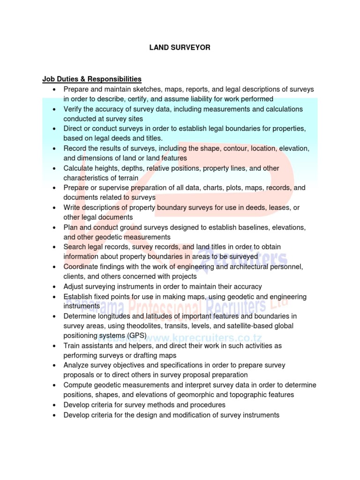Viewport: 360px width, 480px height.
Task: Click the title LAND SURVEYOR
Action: point(180,47)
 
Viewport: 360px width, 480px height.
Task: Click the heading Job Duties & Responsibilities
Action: point(92,79)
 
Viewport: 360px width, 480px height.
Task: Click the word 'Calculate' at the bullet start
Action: point(79,168)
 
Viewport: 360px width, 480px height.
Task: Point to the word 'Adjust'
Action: point(74,286)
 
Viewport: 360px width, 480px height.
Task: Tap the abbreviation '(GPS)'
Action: point(135,336)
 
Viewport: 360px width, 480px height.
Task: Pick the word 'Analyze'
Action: point(77,365)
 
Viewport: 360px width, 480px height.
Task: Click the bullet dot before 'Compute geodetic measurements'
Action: point(55,385)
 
